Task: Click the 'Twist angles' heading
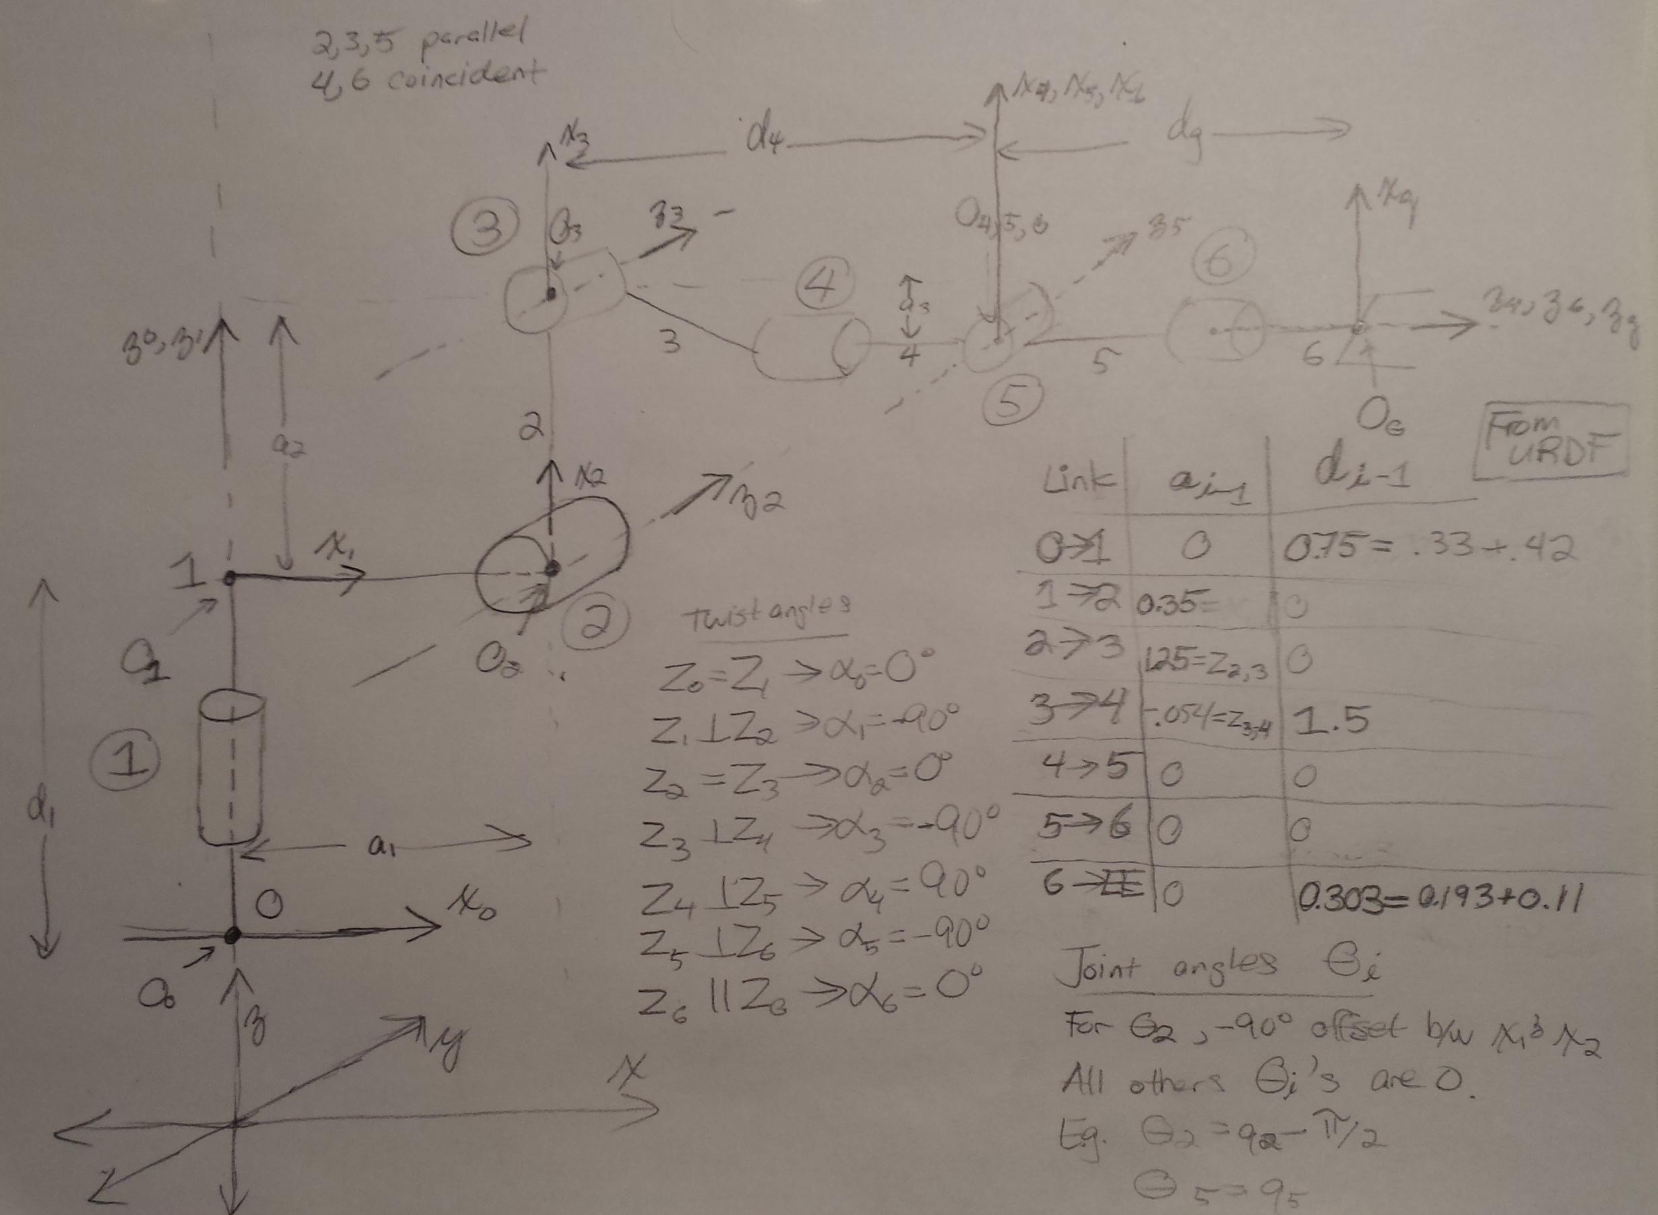[767, 616]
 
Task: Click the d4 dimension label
[763, 138]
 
